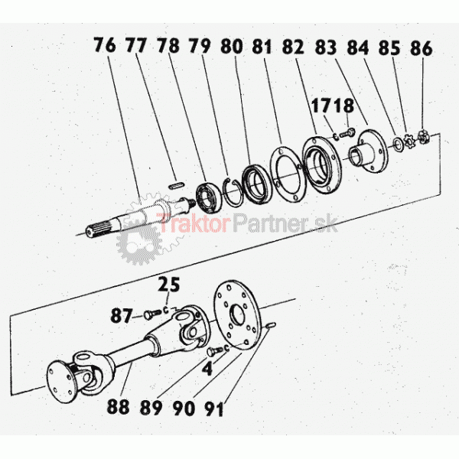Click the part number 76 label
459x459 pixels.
tap(105, 45)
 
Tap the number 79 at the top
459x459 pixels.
tap(200, 46)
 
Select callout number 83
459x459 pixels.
tap(326, 47)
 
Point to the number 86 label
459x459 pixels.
tap(422, 48)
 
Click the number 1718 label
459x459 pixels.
tap(333, 106)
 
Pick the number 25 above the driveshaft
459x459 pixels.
tap(168, 285)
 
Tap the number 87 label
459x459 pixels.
tap(121, 316)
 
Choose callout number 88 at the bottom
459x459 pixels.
tap(119, 406)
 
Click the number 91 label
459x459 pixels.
tap(213, 409)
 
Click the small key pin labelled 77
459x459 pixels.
tap(177, 185)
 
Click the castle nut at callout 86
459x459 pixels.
tap(422, 137)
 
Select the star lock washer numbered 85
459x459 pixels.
tap(409, 140)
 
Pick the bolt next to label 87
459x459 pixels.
tap(152, 314)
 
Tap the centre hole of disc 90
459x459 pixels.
tap(238, 315)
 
